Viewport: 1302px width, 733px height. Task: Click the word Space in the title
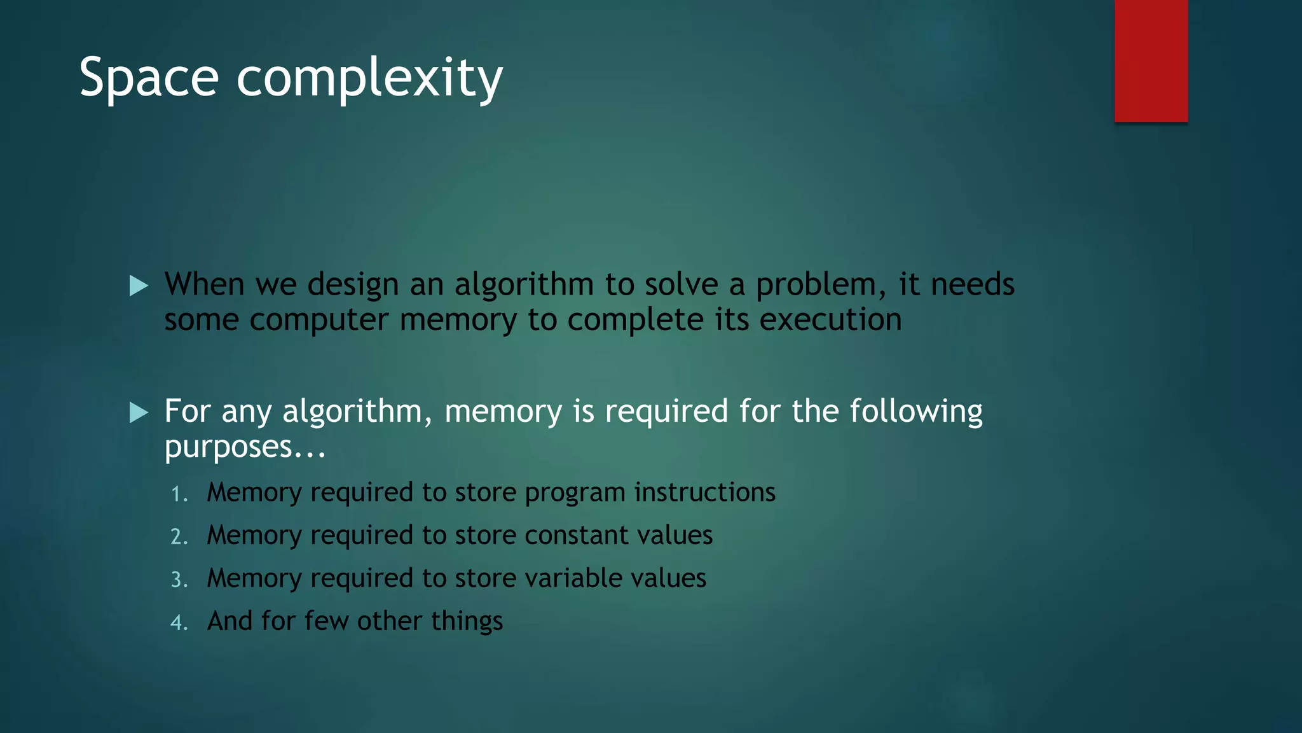click(149, 78)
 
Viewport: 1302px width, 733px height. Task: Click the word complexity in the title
click(369, 78)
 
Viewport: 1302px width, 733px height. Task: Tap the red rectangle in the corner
click(1151, 60)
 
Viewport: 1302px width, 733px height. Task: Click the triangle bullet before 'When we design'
click(139, 286)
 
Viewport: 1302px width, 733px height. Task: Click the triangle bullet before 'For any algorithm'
click(139, 413)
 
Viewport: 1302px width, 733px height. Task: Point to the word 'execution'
click(830, 319)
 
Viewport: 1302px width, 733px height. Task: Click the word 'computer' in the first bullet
click(319, 320)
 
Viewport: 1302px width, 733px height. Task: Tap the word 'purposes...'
click(245, 447)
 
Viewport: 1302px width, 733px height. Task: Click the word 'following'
click(916, 412)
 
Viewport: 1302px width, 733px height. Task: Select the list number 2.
click(179, 537)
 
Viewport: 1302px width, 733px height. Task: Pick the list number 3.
click(179, 580)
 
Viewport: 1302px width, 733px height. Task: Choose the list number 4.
click(179, 622)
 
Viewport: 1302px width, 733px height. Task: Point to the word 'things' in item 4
click(467, 621)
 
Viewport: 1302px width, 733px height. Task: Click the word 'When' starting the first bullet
click(204, 284)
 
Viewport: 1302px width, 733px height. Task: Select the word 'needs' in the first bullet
click(972, 284)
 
